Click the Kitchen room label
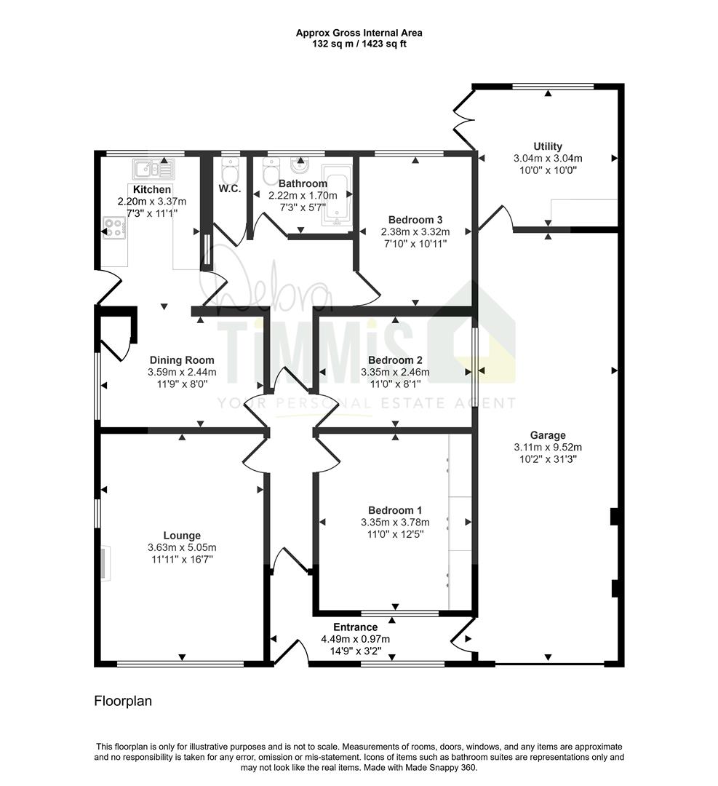[152, 189]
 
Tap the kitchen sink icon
[153, 169]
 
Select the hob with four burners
[114, 228]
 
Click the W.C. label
[230, 189]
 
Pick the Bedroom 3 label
[415, 220]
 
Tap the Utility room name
[548, 146]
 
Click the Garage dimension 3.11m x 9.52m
[548, 447]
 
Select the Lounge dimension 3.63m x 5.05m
[182, 547]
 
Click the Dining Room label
[182, 360]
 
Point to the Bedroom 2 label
[395, 360]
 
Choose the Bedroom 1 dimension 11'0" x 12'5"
[395, 534]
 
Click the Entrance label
[355, 627]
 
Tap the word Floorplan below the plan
[123, 701]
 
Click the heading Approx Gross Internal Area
[359, 33]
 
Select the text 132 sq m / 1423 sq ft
[359, 44]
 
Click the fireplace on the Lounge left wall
[105, 564]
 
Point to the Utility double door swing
[463, 119]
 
